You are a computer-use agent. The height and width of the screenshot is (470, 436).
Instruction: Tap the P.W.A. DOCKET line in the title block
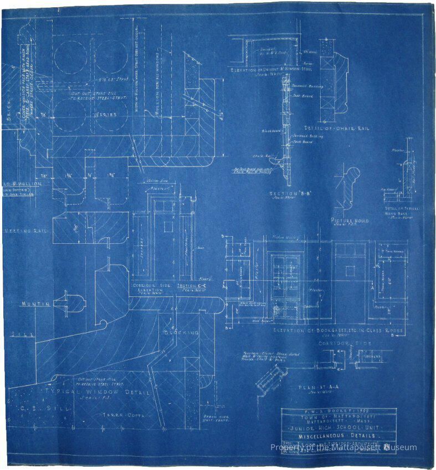(338, 412)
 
